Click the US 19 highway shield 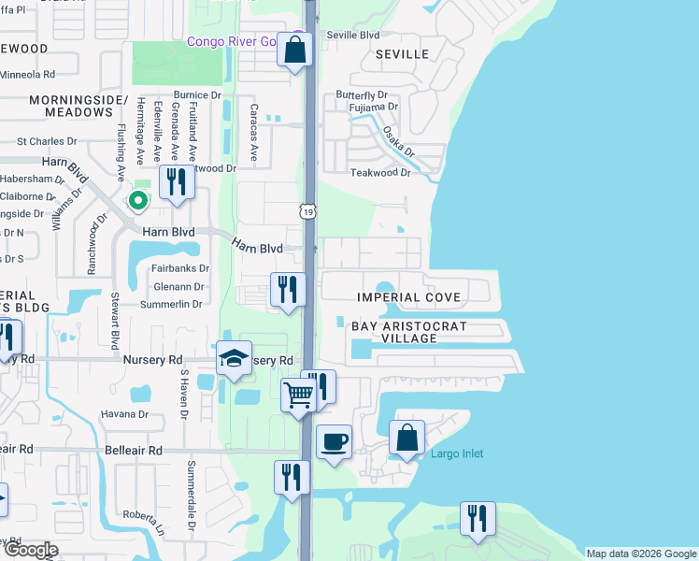(308, 212)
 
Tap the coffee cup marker (334, 440)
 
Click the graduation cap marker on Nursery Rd (234, 359)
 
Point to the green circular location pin (138, 200)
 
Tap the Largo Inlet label (457, 454)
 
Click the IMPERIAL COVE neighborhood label (408, 297)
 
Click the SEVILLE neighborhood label (402, 55)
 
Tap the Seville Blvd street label (352, 36)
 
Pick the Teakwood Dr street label (380, 173)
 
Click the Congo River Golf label (233, 41)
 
